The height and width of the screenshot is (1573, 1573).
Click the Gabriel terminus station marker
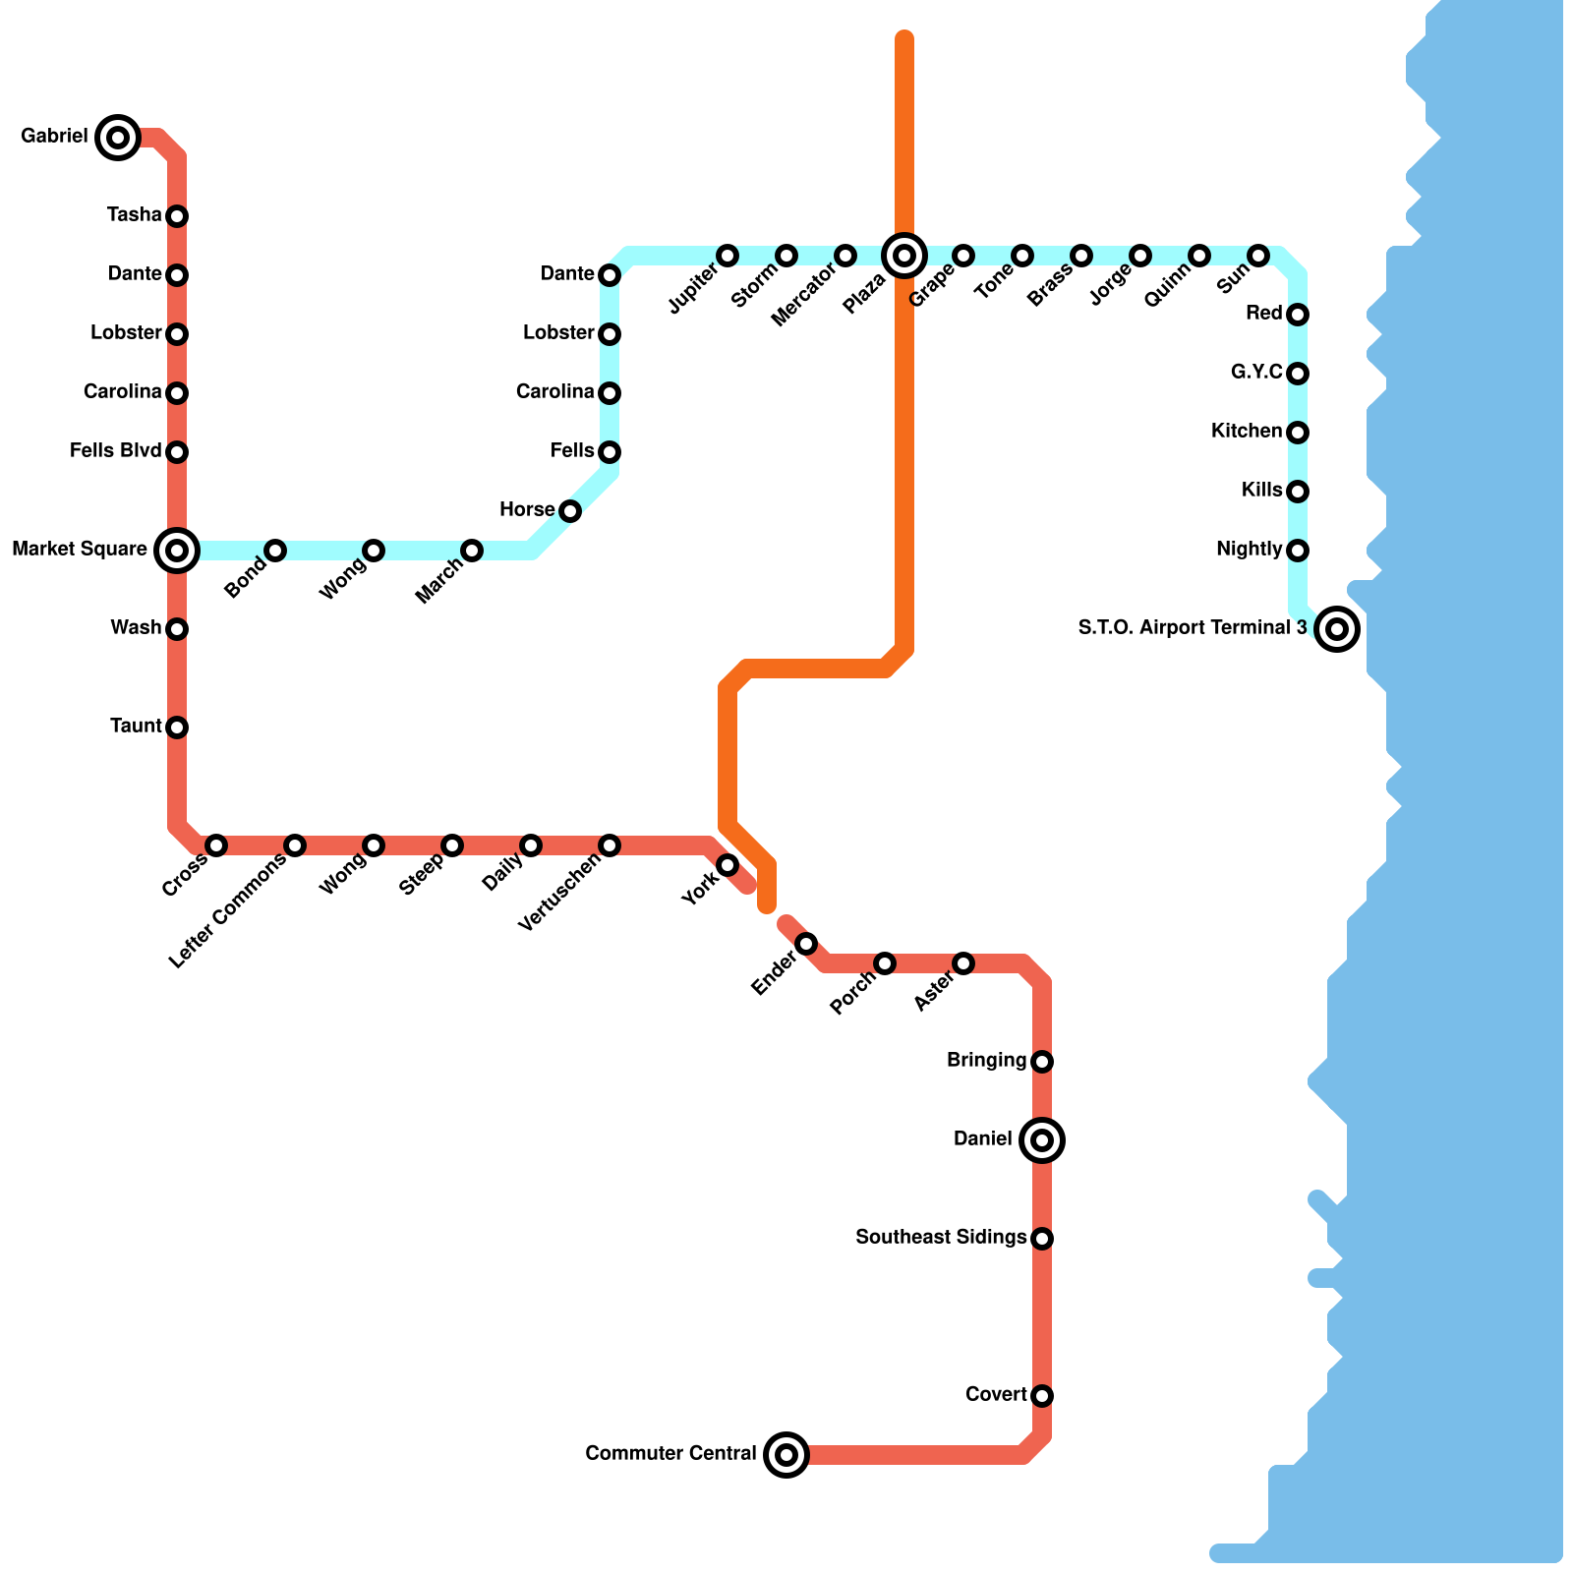tap(118, 138)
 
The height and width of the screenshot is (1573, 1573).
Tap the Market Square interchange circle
tap(177, 551)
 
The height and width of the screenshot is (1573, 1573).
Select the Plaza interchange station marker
tap(904, 256)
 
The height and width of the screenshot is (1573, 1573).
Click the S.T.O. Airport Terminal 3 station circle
tap(1337, 628)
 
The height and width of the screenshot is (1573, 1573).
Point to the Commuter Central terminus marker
tap(786, 1455)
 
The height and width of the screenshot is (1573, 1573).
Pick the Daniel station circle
tap(1042, 1140)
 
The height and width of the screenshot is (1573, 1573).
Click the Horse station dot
tap(570, 511)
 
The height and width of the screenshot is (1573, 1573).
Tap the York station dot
tap(728, 865)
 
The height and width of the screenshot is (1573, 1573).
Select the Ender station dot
tap(806, 944)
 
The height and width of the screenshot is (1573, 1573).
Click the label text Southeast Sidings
tap(941, 1238)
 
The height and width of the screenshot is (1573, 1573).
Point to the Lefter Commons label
tap(227, 911)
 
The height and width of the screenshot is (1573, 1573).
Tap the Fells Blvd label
tap(115, 451)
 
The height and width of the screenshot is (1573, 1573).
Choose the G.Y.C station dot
tap(1298, 374)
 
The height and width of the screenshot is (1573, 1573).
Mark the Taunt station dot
tap(177, 728)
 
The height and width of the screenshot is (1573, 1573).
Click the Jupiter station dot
tap(728, 256)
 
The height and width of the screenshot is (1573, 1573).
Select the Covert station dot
tap(1042, 1396)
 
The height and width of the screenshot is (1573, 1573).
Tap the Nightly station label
tap(1249, 550)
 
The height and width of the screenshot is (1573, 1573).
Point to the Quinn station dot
tap(1199, 256)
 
